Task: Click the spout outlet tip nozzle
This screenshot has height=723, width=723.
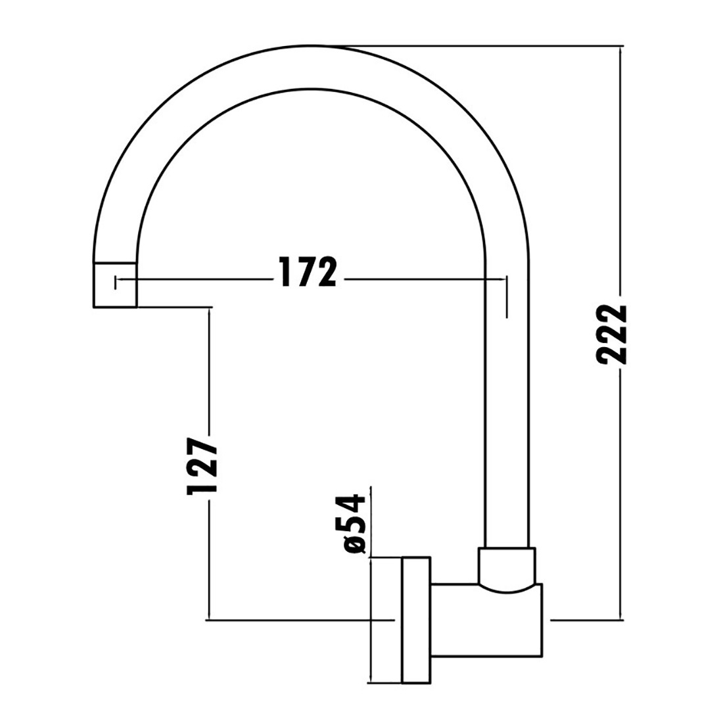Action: point(116,285)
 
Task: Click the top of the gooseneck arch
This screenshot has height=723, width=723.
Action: point(312,66)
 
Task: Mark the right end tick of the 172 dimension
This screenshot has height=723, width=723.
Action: point(506,296)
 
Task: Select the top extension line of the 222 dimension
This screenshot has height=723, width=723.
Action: point(493,47)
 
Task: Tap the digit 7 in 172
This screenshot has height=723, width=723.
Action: point(307,273)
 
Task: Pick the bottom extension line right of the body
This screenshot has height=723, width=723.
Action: point(585,619)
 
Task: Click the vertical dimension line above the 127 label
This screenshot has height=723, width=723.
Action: point(209,368)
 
